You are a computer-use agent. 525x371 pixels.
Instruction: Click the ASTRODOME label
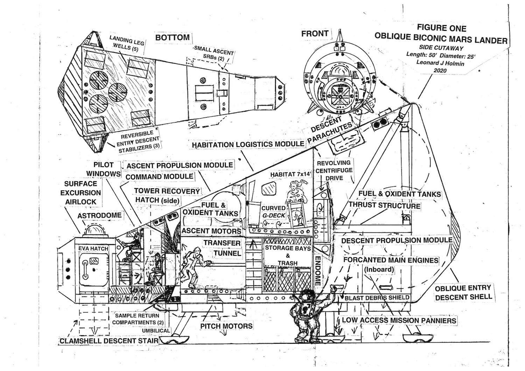click(99, 215)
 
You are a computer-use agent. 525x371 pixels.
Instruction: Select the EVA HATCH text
click(93, 248)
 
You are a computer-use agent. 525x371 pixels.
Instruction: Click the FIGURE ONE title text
click(441, 28)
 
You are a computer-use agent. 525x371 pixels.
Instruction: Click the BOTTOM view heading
click(173, 37)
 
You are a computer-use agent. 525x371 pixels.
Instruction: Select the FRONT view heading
click(315, 34)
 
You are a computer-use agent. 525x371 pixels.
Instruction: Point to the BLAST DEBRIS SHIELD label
click(377, 298)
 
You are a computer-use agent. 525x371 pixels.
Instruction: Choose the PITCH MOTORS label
click(226, 326)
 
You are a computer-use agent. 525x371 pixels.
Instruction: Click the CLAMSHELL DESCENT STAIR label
click(109, 341)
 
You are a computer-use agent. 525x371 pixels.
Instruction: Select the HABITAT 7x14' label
click(290, 174)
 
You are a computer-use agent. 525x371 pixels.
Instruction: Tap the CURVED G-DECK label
click(274, 212)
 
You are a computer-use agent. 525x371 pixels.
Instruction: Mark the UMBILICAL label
click(156, 331)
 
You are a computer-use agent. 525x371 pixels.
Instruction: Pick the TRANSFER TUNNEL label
click(222, 248)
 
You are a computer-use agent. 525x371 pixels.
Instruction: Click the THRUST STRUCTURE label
click(384, 206)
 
